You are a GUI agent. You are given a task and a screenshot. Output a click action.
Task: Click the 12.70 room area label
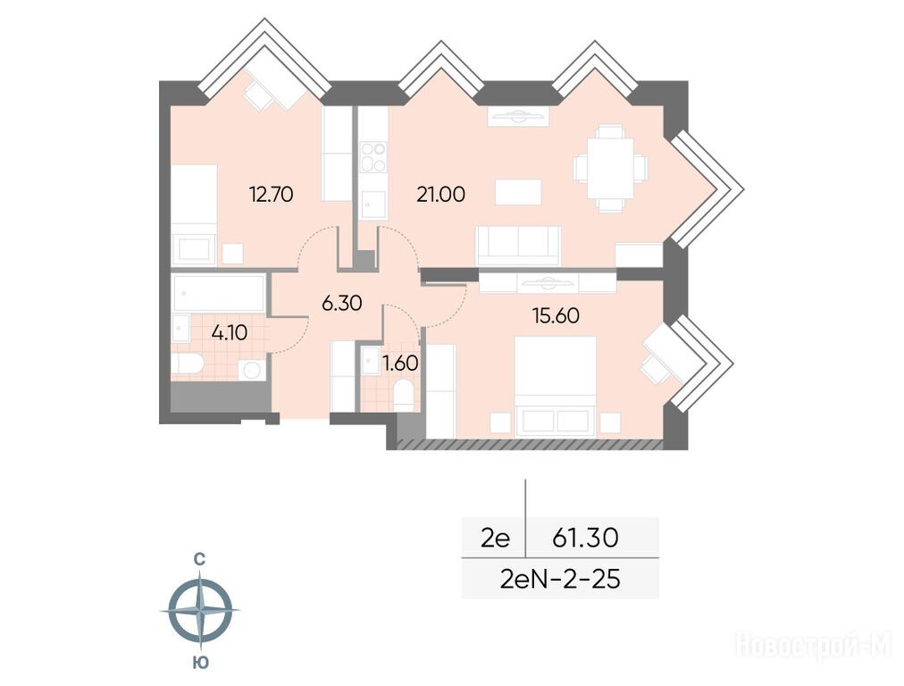pyautogui.click(x=271, y=194)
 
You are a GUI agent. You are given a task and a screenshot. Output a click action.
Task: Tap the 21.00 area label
pyautogui.click(x=441, y=194)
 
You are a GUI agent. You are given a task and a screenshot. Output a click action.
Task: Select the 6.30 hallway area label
pyautogui.click(x=342, y=303)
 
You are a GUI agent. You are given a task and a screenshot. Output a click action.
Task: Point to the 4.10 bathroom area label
pyautogui.click(x=230, y=332)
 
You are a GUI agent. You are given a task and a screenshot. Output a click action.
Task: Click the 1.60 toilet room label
pyautogui.click(x=400, y=364)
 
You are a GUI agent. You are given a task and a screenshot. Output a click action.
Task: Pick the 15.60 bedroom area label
pyautogui.click(x=557, y=316)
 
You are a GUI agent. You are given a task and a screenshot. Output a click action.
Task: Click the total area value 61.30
pyautogui.click(x=585, y=538)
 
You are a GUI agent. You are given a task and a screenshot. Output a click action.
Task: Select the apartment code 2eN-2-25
pyautogui.click(x=560, y=579)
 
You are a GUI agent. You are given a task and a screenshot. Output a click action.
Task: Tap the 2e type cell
pyautogui.click(x=495, y=539)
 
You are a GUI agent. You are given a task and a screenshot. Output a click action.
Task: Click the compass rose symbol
pyautogui.click(x=201, y=609)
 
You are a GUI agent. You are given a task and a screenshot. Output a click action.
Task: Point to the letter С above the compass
pyautogui.click(x=199, y=558)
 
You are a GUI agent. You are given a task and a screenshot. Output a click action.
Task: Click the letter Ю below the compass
pyautogui.click(x=200, y=663)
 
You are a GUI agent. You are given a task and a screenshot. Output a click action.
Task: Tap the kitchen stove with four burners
pyautogui.click(x=373, y=157)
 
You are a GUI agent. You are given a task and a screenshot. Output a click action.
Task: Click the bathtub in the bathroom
pyautogui.click(x=218, y=293)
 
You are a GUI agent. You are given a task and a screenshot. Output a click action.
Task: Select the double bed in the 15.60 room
pyautogui.click(x=555, y=386)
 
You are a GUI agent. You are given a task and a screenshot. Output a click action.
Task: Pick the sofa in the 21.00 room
pyautogui.click(x=518, y=247)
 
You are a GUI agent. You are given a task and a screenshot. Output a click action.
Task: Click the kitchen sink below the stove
pyautogui.click(x=373, y=204)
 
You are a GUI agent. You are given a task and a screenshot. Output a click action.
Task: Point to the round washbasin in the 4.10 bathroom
pyautogui.click(x=252, y=370)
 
